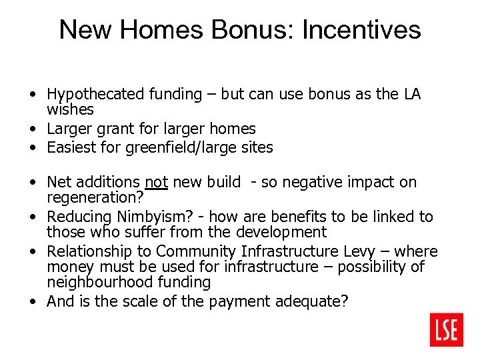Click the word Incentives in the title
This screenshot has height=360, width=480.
click(361, 30)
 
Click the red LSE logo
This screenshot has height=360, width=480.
click(447, 329)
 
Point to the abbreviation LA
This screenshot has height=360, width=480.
click(411, 94)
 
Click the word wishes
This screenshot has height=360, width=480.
click(70, 109)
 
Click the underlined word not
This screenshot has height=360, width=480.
click(155, 182)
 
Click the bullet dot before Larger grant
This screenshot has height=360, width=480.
click(33, 129)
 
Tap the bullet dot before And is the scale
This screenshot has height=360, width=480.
click(33, 302)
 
